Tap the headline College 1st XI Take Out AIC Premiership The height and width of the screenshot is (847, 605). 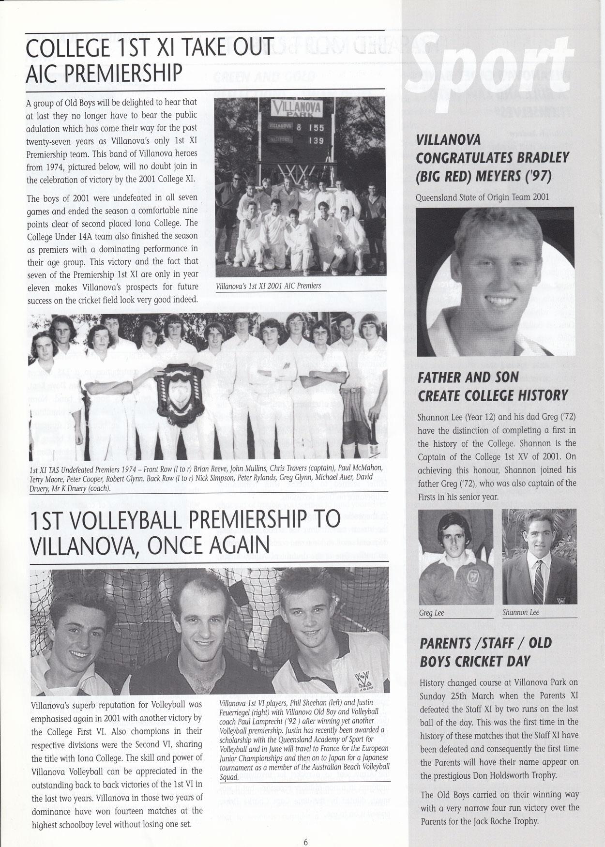(150, 59)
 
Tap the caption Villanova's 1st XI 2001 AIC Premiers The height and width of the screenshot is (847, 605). (269, 286)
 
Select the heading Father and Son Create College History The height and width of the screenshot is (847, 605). (492, 386)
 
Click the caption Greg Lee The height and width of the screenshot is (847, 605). (432, 613)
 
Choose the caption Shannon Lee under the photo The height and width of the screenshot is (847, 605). (521, 613)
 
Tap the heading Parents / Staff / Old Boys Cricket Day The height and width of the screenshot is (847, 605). (485, 652)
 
